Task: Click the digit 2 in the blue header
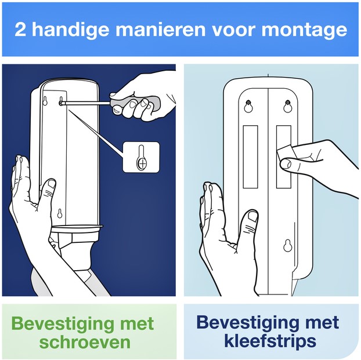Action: (x=20, y=30)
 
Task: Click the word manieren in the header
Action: (x=160, y=30)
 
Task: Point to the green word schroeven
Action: (x=85, y=342)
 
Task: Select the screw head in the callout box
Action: (x=142, y=164)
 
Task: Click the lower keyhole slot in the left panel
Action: (x=60, y=213)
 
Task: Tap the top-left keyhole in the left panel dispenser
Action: (x=45, y=101)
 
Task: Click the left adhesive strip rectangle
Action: (x=250, y=157)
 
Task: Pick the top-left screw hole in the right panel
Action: (x=248, y=106)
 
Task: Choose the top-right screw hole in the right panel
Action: (x=287, y=106)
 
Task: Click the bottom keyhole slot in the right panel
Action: (x=287, y=245)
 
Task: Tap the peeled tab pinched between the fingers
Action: (x=284, y=154)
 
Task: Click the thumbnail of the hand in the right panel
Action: (x=253, y=216)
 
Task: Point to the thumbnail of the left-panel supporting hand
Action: (x=52, y=184)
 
